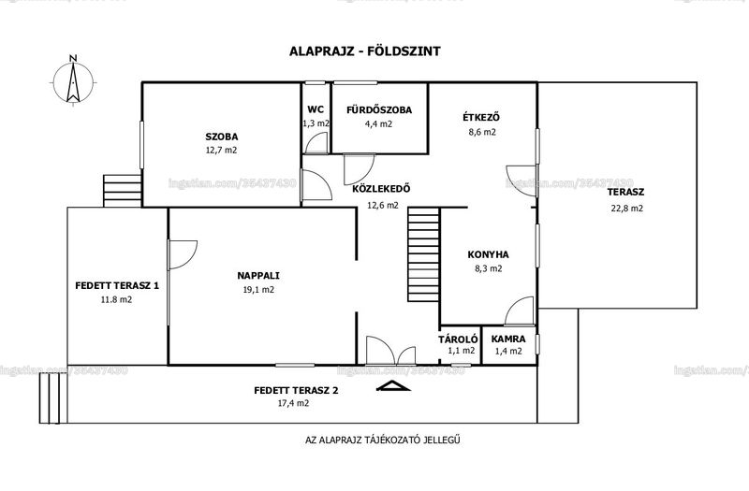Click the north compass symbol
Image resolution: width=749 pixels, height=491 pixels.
[x=73, y=81]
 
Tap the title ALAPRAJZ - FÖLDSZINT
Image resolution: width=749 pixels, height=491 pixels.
[x=364, y=51]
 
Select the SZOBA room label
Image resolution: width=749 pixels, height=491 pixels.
[x=222, y=137]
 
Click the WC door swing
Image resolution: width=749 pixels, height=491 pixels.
[x=316, y=143]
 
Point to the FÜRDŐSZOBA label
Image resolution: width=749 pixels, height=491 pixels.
[x=379, y=109]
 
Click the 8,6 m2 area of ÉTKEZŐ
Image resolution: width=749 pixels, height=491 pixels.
[x=482, y=132]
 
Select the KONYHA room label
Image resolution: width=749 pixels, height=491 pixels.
[x=488, y=254]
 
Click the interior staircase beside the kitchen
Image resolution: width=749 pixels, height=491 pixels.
[x=424, y=254]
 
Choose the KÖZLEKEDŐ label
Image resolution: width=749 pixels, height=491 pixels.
[x=381, y=189]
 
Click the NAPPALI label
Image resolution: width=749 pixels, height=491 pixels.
[x=258, y=276]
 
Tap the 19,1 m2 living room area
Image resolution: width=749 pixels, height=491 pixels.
[x=258, y=290]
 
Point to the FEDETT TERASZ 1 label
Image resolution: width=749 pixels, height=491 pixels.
[x=117, y=286]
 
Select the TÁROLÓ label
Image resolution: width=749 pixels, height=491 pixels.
[x=458, y=339]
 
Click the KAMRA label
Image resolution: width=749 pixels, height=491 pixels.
[x=508, y=339]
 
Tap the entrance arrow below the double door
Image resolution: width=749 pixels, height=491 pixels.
[x=393, y=385]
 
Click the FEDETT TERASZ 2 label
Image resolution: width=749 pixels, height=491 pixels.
[x=296, y=390]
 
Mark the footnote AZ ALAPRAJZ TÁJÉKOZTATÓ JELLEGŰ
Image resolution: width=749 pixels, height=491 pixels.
[x=383, y=440]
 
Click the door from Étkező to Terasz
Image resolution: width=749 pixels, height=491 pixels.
[x=521, y=181]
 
